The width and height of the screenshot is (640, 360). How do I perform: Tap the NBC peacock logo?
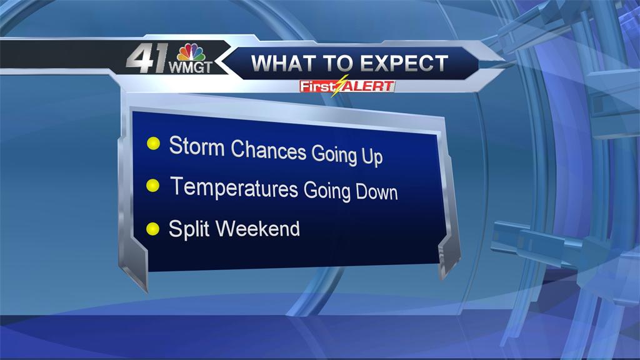pos(191,53)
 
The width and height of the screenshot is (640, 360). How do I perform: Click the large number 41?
pos(147,58)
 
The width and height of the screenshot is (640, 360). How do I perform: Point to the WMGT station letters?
pos(190,67)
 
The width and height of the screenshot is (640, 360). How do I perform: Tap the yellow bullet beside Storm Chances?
pos(154,143)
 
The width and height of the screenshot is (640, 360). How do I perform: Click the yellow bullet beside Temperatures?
pos(152,186)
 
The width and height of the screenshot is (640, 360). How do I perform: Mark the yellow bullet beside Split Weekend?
pos(152,229)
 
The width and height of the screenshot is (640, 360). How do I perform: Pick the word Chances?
pos(269,150)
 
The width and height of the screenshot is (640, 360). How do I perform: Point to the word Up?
pos(372,156)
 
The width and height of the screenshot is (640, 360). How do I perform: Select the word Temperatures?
pos(234,187)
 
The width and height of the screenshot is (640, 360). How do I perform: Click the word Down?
pos(376,192)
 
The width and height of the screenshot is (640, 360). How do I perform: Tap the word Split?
pos(189,229)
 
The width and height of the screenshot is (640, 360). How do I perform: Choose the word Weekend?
pos(257,229)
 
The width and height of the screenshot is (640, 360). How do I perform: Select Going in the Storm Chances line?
pos(334,155)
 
